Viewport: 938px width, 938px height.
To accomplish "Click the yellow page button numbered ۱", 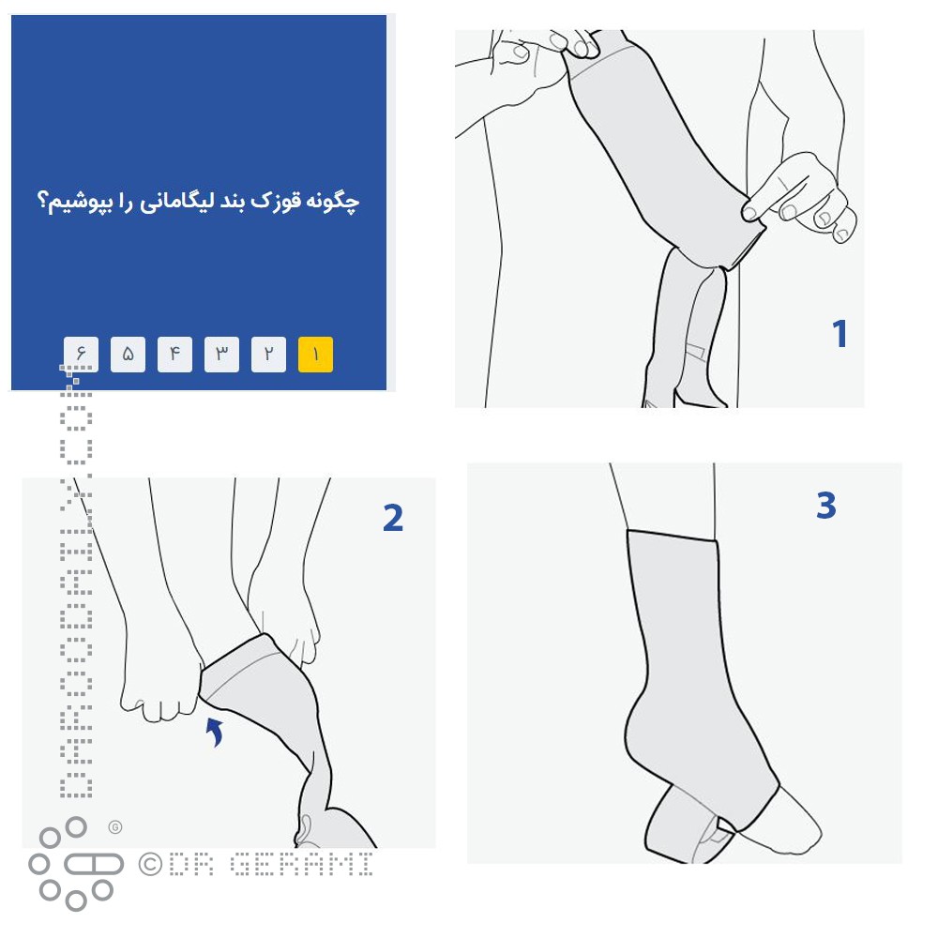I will (315, 355).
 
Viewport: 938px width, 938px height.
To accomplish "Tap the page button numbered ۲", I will (268, 355).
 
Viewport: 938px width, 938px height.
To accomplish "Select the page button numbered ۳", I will (221, 355).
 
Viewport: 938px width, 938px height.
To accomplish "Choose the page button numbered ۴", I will (174, 355).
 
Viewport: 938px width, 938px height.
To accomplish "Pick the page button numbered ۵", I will (128, 355).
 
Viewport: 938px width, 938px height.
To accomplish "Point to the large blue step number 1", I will (840, 333).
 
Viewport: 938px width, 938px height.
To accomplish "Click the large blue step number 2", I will (393, 517).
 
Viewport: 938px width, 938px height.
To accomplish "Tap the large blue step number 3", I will (825, 506).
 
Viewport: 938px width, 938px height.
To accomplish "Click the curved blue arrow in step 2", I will (216, 731).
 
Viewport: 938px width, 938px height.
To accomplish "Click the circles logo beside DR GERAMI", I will (75, 864).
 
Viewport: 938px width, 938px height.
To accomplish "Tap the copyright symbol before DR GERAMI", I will (150, 864).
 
